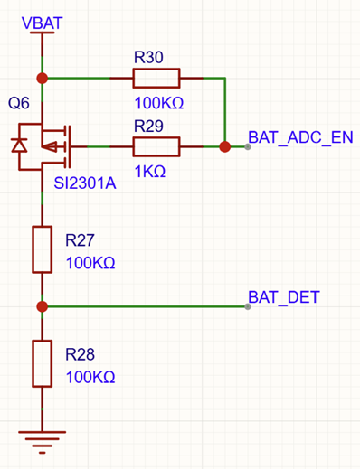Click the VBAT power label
point(43,23)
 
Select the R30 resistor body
point(156,79)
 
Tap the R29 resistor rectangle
point(156,146)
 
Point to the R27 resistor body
point(43,249)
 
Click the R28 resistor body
point(43,363)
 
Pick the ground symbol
point(43,442)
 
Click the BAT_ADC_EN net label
point(300,137)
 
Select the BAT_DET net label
point(284,297)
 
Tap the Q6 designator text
point(19,103)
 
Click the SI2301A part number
point(85,183)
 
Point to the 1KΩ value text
point(150,172)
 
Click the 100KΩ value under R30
point(159,103)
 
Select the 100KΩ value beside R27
point(90,263)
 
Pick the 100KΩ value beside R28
point(90,377)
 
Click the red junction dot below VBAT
point(43,79)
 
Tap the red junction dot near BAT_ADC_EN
point(225,146)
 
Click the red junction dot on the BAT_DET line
point(43,306)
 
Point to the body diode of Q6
point(19,145)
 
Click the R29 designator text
point(148,126)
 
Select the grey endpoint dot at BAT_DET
point(248,306)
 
